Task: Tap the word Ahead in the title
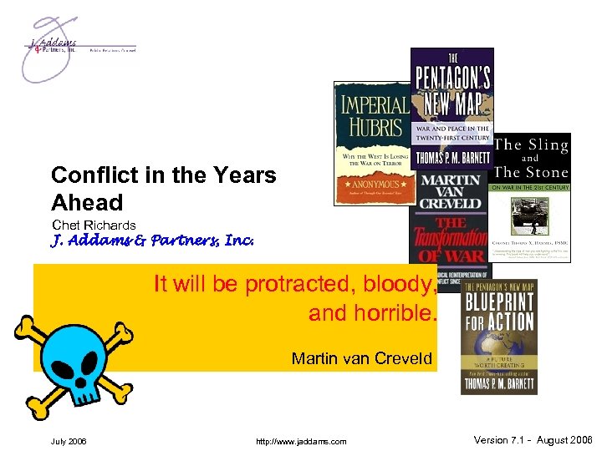coord(87,202)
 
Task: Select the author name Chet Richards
coord(94,225)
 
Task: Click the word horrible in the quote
coord(393,314)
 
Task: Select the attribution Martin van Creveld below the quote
coord(362,359)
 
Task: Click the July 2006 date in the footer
coord(68,441)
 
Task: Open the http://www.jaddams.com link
coord(302,441)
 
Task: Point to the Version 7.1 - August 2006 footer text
coord(533,440)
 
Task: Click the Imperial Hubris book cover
coord(371,142)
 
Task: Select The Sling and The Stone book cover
coord(532,196)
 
